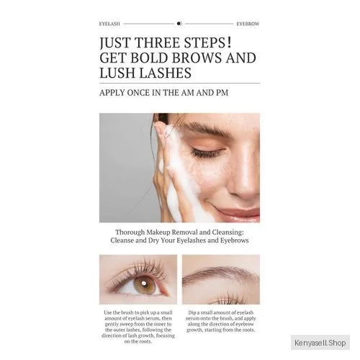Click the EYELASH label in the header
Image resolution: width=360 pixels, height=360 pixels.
[x=109, y=24]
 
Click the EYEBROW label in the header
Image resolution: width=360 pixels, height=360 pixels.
[x=248, y=24]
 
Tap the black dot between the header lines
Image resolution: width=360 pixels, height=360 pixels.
[x=179, y=24]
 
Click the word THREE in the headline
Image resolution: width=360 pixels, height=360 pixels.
[x=157, y=42]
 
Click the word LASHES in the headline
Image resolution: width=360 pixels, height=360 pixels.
[x=165, y=73]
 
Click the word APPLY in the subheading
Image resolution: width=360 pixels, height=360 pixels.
[x=112, y=93]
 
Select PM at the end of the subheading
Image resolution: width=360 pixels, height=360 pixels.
[x=222, y=93]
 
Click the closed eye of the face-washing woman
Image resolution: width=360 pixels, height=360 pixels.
[x=207, y=152]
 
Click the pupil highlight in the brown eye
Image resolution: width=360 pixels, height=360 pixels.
[x=144, y=284]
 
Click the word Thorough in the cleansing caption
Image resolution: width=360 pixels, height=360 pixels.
[x=130, y=233]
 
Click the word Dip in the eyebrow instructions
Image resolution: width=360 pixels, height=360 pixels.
[x=192, y=312]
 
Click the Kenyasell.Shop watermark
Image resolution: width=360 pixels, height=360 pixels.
[x=320, y=343]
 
